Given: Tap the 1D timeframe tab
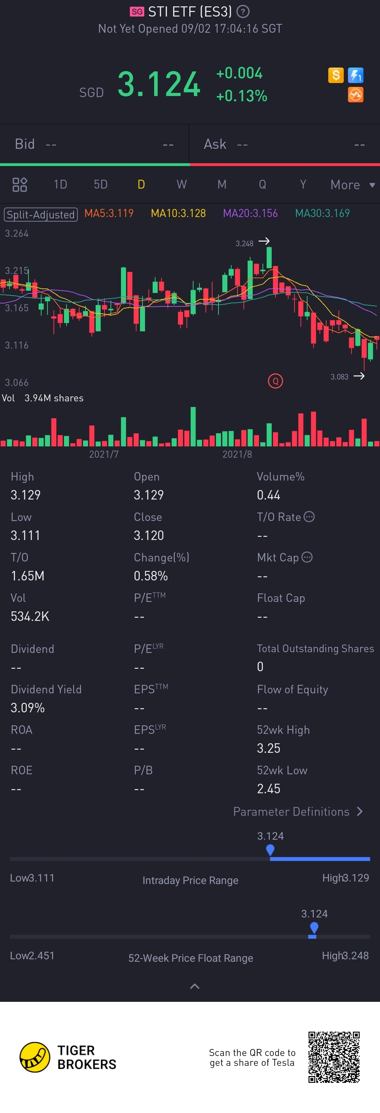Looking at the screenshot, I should [x=60, y=184].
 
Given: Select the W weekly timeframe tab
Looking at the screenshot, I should [x=182, y=184].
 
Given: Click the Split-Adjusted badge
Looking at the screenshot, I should [x=40, y=214].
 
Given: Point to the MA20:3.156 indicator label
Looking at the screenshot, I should [x=250, y=213].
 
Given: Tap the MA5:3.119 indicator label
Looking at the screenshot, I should [x=109, y=213].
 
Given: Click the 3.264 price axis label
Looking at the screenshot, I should [x=17, y=233].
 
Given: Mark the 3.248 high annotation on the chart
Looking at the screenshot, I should [x=245, y=243].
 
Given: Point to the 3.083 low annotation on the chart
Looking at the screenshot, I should [x=340, y=377].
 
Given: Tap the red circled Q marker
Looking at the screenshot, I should [x=275, y=381].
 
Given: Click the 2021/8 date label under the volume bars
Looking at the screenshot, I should [x=237, y=454].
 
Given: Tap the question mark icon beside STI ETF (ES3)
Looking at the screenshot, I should [x=243, y=12].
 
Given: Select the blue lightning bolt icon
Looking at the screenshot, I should [x=356, y=75].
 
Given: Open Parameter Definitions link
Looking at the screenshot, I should [x=297, y=812].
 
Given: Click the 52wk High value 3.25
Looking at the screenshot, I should [x=268, y=748].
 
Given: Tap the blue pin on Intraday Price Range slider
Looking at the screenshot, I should [x=270, y=850].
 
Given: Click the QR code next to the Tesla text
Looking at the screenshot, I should [x=334, y=1057].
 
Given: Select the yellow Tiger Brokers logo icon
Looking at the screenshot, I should [x=34, y=1057].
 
